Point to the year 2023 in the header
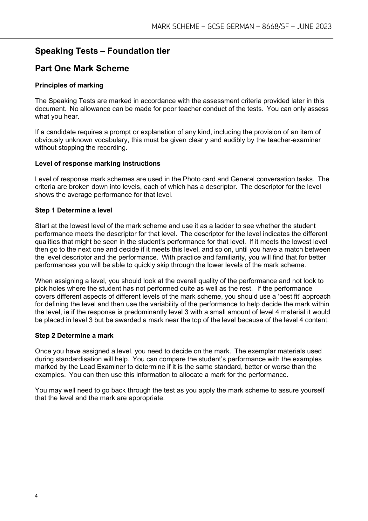324,27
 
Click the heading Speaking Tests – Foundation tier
102,51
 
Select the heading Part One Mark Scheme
82,69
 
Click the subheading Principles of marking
69,85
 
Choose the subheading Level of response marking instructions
98,163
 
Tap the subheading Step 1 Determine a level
73,210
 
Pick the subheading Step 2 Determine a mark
74,336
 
